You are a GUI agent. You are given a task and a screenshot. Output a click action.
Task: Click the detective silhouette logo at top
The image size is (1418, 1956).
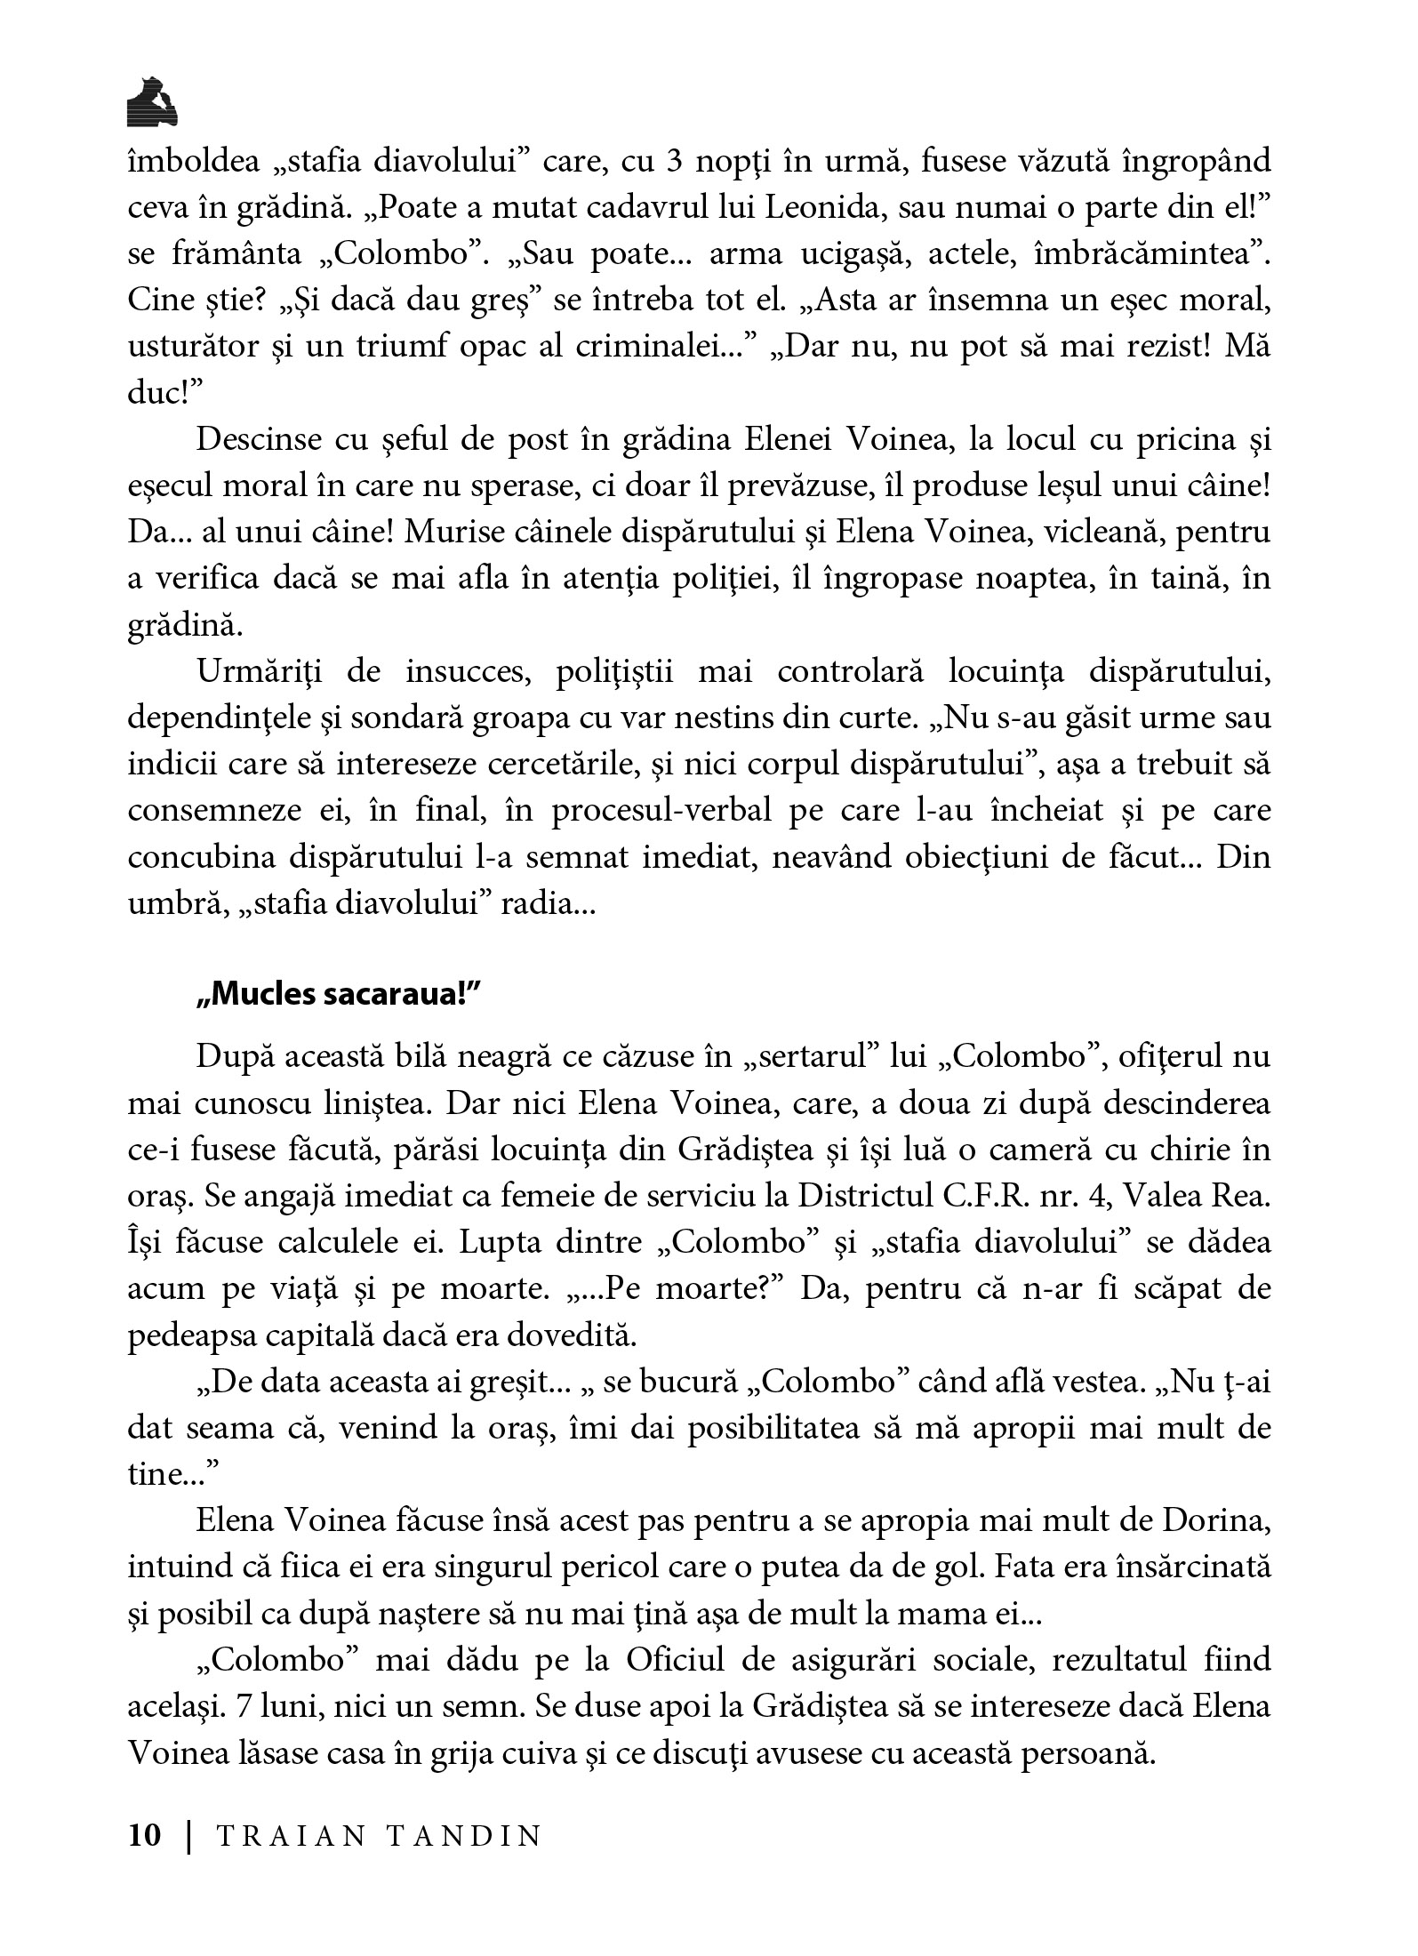click(x=152, y=100)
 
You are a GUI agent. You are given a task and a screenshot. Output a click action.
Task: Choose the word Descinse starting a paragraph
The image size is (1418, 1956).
click(x=257, y=439)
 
